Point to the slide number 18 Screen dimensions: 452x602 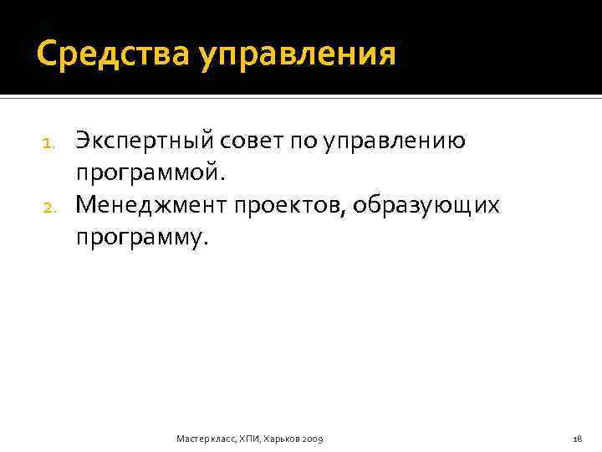point(577,438)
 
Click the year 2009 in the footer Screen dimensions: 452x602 point(311,438)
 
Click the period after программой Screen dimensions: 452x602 point(222,177)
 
